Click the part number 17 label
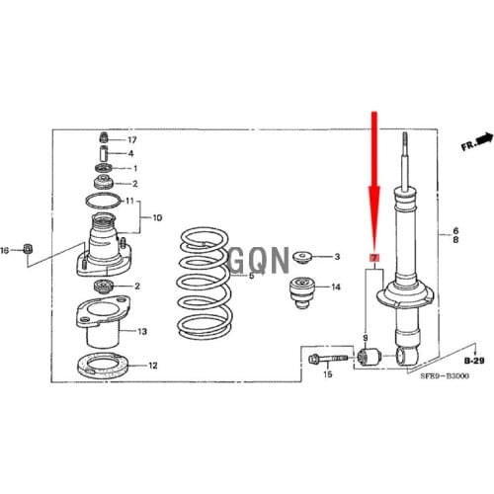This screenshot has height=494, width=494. [132, 139]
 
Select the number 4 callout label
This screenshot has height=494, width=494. [131, 154]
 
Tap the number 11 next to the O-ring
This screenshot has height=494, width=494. [129, 202]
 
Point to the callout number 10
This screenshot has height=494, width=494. [158, 218]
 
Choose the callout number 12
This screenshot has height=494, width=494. [153, 365]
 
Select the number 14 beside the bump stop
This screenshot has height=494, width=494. [336, 288]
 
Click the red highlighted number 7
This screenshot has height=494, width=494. [373, 258]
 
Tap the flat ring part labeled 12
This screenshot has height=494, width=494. [104, 365]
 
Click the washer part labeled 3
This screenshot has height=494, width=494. [301, 257]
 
